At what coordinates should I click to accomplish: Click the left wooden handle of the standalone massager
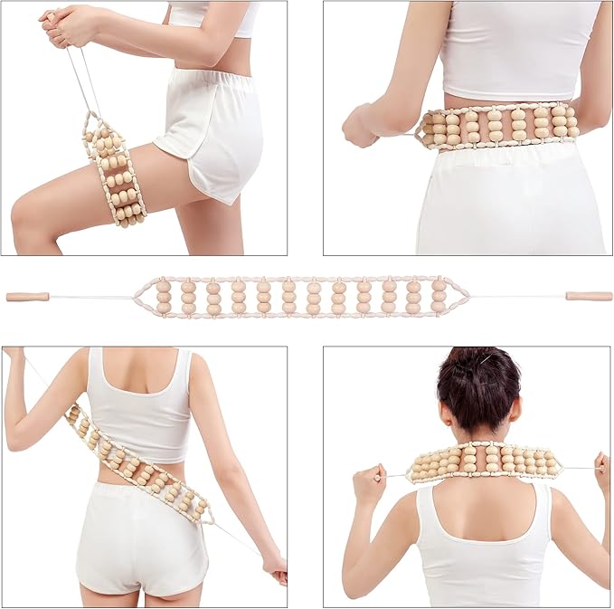point(28,297)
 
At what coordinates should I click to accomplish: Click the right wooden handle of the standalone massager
point(588,296)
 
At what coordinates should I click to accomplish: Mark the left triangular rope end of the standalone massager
point(145,296)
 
